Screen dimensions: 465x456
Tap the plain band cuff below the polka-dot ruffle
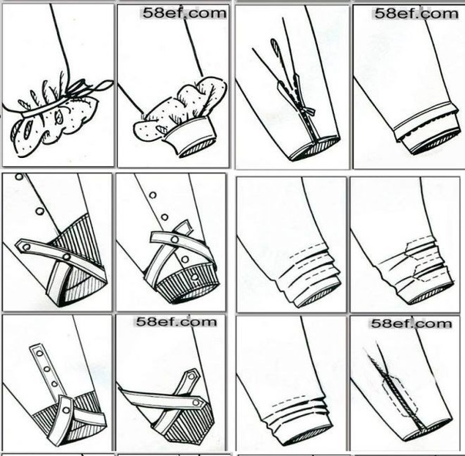tap(190, 136)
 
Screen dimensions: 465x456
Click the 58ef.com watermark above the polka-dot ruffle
tap(184, 13)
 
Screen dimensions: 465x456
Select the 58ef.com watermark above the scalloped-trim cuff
tap(416, 14)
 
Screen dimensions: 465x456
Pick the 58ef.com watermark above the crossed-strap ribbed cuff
tap(176, 322)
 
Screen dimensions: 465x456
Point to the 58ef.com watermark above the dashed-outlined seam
tap(412, 323)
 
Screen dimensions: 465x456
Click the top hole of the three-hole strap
tap(39, 353)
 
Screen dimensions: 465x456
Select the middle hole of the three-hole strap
tap(46, 369)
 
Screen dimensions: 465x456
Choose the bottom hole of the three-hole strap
tap(54, 384)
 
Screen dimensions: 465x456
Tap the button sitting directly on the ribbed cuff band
tap(194, 277)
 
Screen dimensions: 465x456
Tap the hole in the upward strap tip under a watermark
tap(192, 377)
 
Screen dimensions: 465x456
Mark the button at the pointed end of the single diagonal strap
tap(26, 246)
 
